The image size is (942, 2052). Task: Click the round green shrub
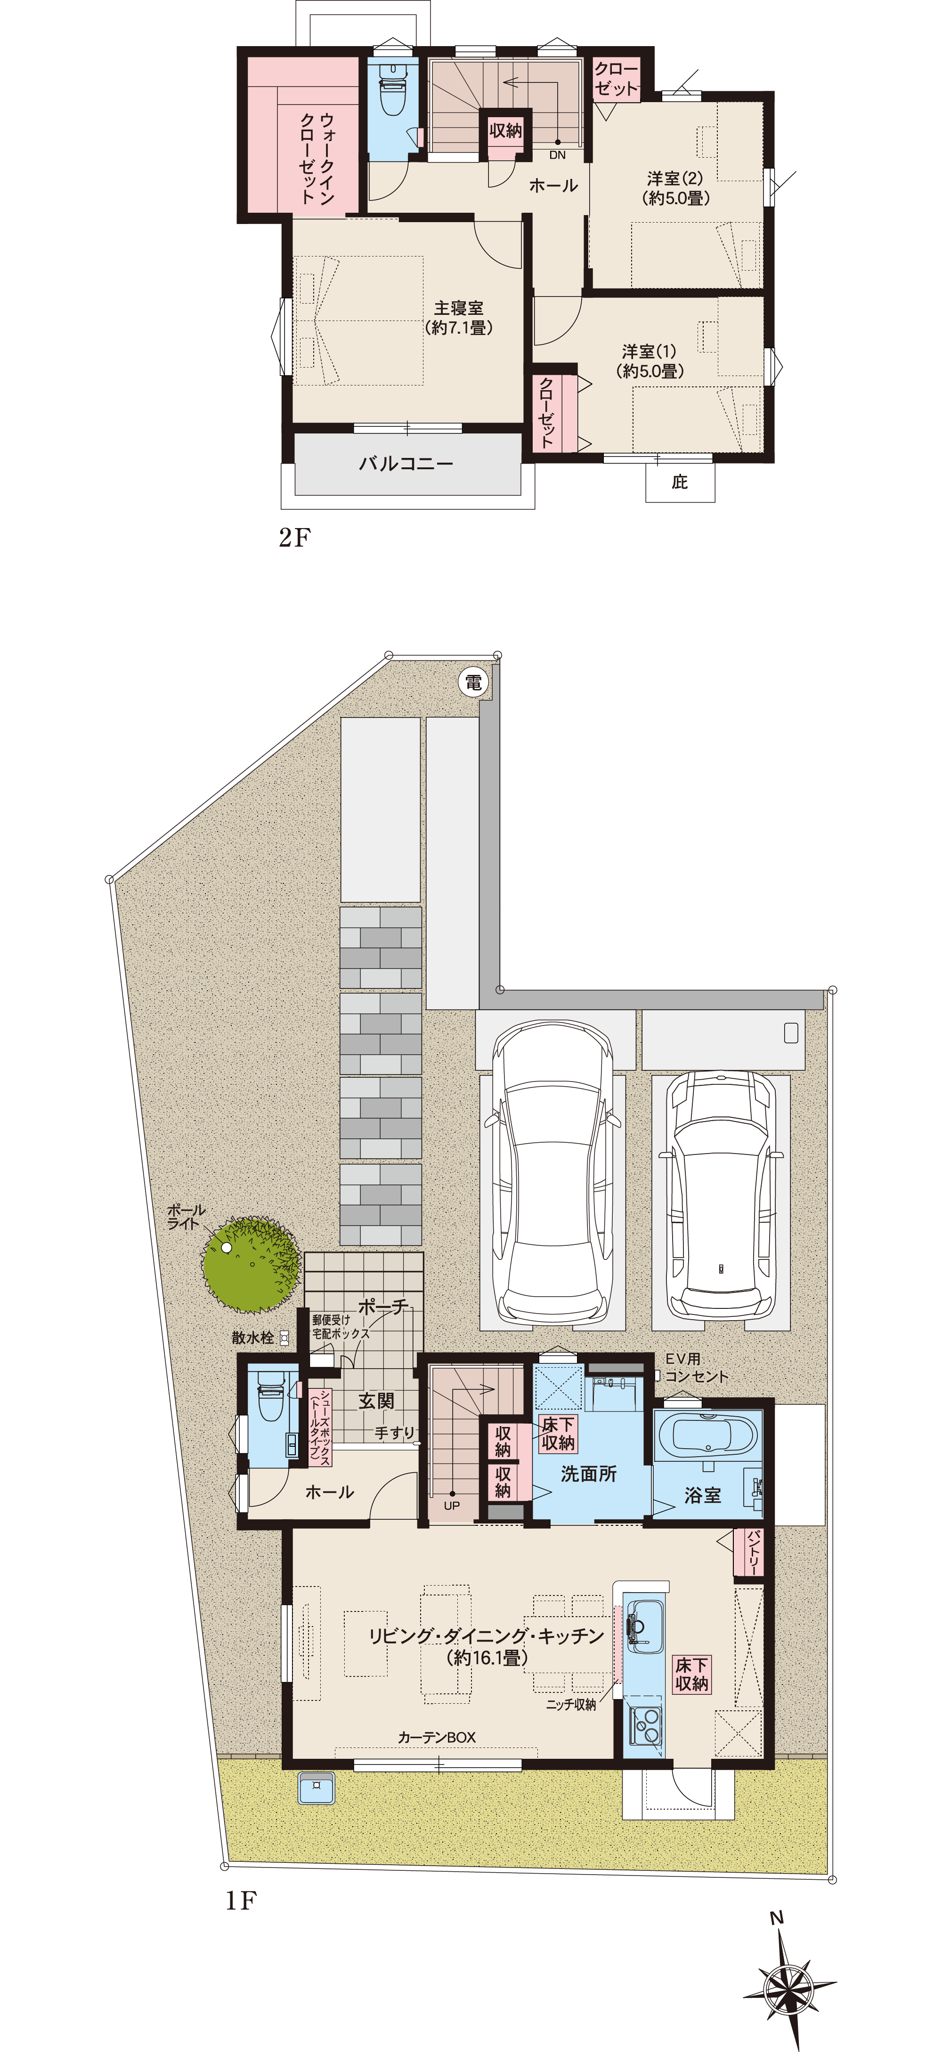coord(252,1264)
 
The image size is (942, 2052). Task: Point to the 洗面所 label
coord(589,1474)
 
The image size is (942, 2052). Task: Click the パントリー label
coord(754,1552)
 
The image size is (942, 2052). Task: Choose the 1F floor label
coord(240,1901)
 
